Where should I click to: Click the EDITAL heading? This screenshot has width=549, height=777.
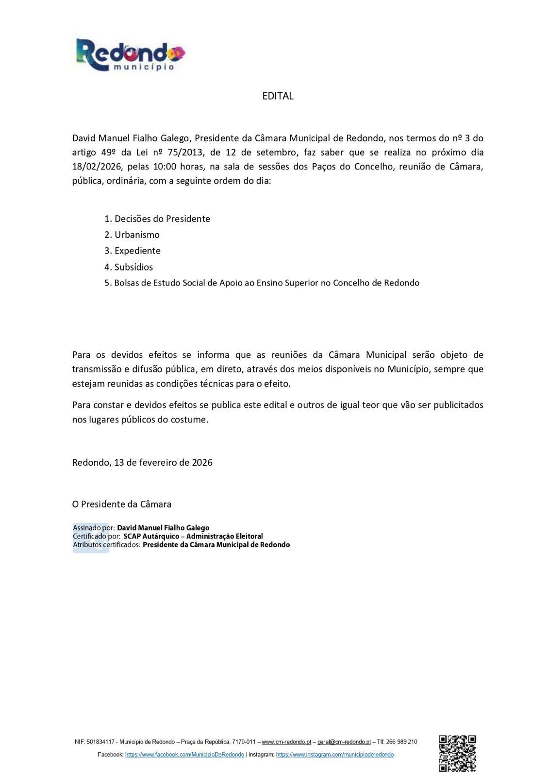click(x=278, y=96)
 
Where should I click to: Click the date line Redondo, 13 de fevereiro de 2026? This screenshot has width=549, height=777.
click(x=142, y=462)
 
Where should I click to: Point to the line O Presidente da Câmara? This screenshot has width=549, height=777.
click(x=122, y=504)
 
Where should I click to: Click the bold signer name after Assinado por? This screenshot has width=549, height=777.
click(x=163, y=528)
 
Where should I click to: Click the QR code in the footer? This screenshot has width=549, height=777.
click(x=457, y=753)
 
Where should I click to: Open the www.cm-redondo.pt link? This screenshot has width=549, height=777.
click(x=286, y=742)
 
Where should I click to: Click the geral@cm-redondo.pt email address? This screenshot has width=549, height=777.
click(x=344, y=742)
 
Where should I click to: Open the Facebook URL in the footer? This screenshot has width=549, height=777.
click(x=184, y=755)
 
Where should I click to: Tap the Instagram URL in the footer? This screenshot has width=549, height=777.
click(x=334, y=755)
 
